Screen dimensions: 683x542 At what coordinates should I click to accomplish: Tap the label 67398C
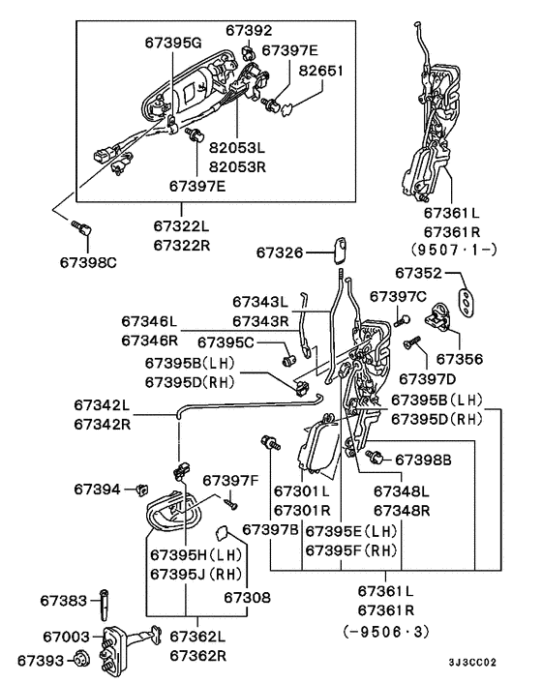(x=88, y=262)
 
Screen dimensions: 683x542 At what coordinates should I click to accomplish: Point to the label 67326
(x=280, y=252)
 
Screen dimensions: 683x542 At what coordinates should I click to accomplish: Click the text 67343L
(x=260, y=302)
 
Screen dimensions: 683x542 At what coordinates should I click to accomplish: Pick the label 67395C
(x=226, y=341)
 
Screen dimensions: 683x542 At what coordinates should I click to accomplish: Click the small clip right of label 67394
(x=143, y=489)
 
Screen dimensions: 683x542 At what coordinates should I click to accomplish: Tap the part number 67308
(x=247, y=599)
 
